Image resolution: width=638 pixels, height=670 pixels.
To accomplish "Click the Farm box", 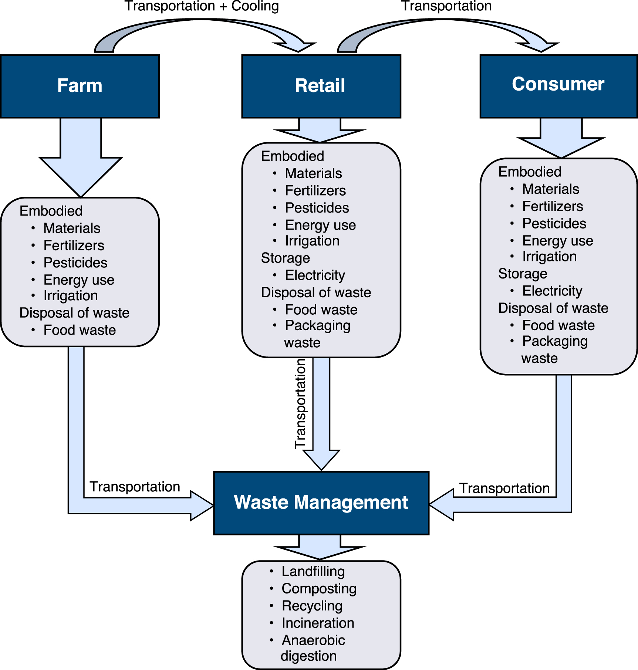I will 80,86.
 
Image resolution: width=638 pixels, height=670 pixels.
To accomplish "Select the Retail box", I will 321,86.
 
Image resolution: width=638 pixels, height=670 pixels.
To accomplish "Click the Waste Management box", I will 321,503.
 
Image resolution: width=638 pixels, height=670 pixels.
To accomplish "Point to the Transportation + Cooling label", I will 202,6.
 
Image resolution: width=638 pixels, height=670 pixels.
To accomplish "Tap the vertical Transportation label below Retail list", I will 300,404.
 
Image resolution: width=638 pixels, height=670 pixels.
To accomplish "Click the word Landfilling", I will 313,571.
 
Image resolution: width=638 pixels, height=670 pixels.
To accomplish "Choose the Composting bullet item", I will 319,589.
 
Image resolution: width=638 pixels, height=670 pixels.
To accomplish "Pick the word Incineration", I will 318,623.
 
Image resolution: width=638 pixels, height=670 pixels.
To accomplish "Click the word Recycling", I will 312,606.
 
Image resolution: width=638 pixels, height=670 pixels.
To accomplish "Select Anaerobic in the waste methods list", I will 313,640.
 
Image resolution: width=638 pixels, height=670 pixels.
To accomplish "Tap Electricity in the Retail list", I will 315,275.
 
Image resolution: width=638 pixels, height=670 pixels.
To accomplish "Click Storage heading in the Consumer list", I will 523,274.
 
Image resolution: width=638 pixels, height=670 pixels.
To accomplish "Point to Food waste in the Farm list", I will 80,330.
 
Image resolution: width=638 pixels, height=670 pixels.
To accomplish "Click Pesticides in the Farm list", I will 75,263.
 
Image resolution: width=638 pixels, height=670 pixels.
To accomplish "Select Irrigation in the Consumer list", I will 549,257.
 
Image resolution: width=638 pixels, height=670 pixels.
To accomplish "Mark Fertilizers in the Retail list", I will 315,191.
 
